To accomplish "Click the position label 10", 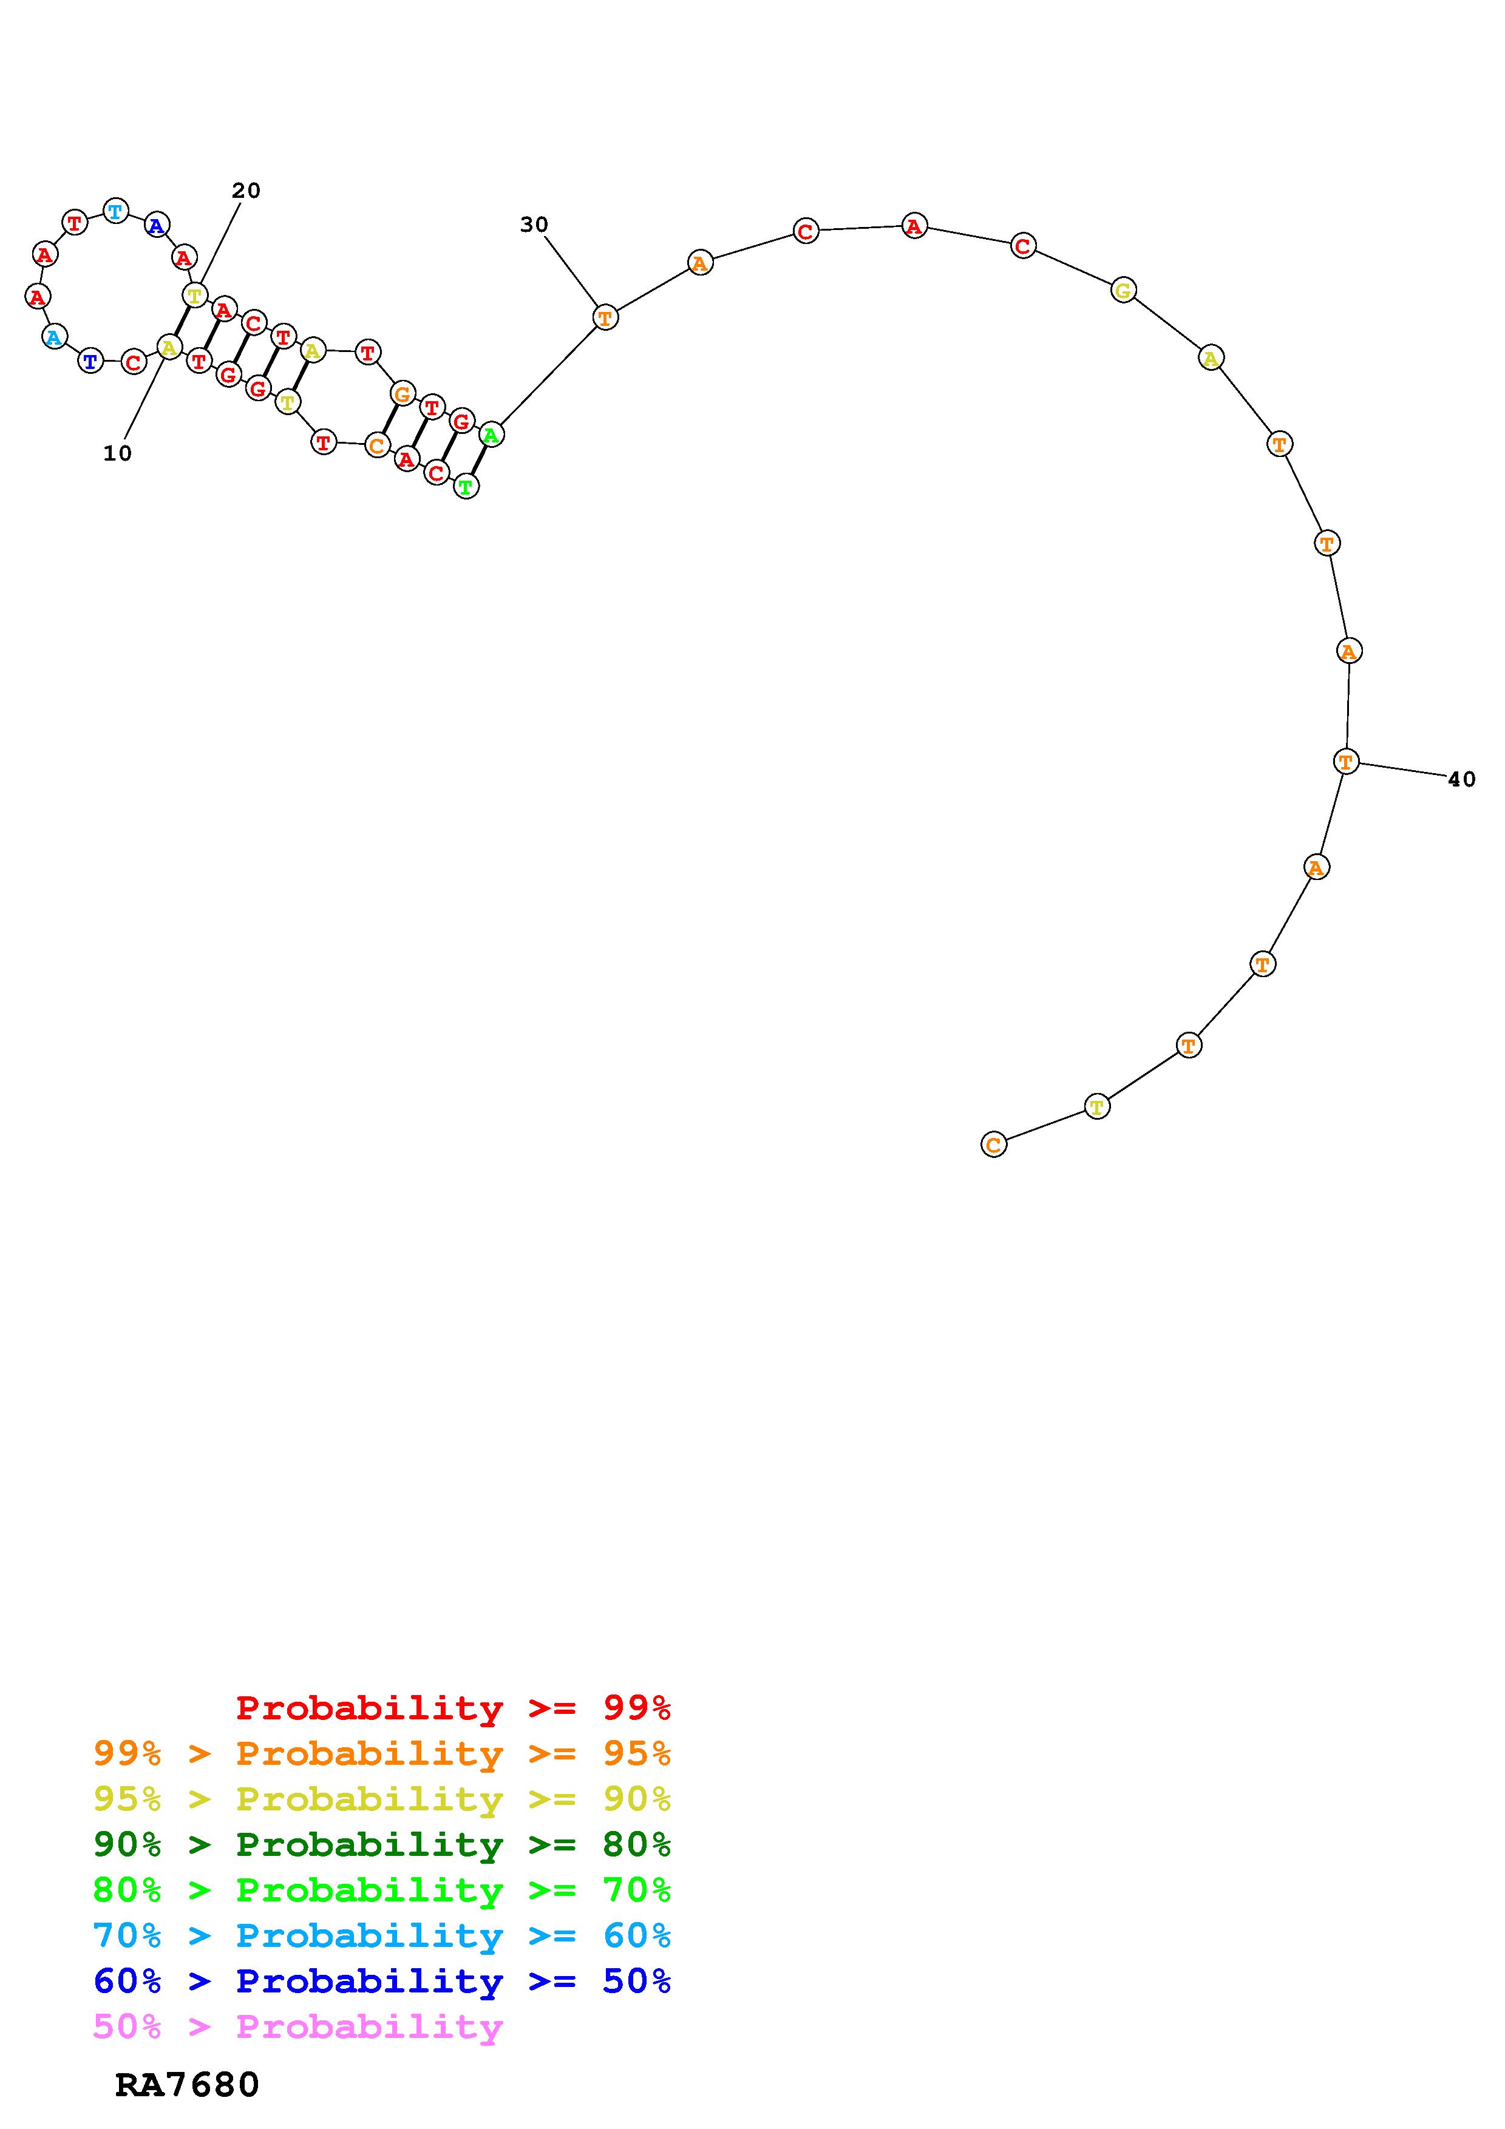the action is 118,453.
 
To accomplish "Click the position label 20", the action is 246,190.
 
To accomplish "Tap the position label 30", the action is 534,225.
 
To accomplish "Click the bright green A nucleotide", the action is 492,433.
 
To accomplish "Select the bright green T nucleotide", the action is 466,486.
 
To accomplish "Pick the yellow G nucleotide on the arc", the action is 1123,290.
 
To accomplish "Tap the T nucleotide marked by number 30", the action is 605,318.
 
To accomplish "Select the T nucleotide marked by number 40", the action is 1345,761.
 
